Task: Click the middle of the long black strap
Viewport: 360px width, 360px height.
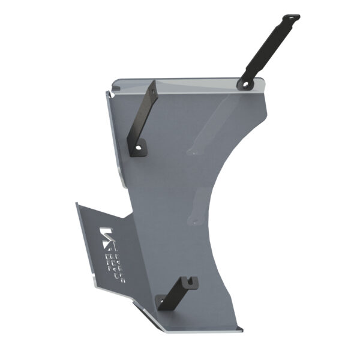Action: coord(268,51)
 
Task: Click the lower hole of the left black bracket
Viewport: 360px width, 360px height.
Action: coord(141,146)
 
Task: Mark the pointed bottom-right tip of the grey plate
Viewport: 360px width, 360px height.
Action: coord(242,329)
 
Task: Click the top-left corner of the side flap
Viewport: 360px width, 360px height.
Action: coord(77,203)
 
